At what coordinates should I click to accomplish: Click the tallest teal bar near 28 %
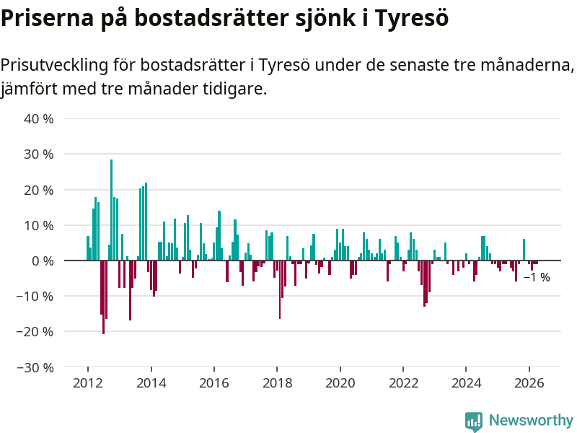pyautogui.click(x=112, y=210)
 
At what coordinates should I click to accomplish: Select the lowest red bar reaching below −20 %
pyautogui.click(x=103, y=297)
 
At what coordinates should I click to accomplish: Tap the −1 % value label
pyautogui.click(x=537, y=277)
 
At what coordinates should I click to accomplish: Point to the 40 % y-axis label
pyautogui.click(x=39, y=119)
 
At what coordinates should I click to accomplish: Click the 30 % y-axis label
pyautogui.click(x=39, y=154)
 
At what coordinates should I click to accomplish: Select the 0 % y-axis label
pyautogui.click(x=43, y=261)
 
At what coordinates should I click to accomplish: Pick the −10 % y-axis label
pyautogui.click(x=35, y=296)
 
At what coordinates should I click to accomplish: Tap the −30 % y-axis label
pyautogui.click(x=35, y=367)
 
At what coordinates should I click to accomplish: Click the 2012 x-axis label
pyautogui.click(x=87, y=383)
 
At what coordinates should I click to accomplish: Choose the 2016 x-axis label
pyautogui.click(x=213, y=383)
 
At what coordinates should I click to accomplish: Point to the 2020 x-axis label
pyautogui.click(x=340, y=383)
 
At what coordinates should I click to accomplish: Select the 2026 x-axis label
pyautogui.click(x=529, y=383)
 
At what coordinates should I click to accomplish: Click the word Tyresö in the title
pyautogui.click(x=412, y=18)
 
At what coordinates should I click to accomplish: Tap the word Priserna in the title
pyautogui.click(x=47, y=18)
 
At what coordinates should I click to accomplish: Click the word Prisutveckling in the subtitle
pyautogui.click(x=55, y=65)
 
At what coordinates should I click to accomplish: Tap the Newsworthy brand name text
pyautogui.click(x=531, y=420)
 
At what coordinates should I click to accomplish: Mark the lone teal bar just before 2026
pyautogui.click(x=524, y=250)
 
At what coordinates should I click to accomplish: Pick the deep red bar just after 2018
pyautogui.click(x=280, y=289)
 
